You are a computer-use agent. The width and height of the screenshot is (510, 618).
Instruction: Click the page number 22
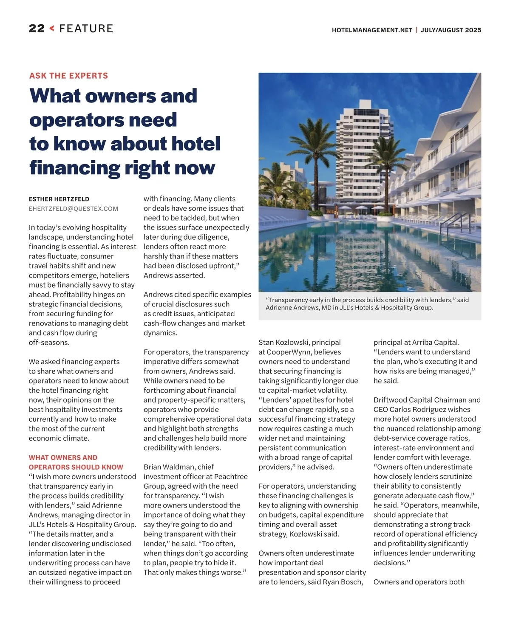[37, 29]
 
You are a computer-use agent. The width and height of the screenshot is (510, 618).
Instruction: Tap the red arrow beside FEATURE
[52, 29]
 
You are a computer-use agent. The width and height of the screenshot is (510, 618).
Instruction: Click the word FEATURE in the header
[86, 29]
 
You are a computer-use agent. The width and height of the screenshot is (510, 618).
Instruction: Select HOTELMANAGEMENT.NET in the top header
[372, 30]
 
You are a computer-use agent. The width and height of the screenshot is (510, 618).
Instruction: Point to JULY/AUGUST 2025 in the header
[451, 30]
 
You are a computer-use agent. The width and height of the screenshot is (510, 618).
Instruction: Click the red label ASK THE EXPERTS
[68, 76]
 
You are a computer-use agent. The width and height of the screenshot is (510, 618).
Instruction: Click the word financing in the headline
[75, 167]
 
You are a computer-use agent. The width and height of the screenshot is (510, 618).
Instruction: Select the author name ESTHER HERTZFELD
[59, 199]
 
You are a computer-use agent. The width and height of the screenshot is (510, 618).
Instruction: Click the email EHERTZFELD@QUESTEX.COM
[74, 209]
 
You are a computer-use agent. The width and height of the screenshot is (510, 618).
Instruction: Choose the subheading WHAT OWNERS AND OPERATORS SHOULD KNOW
[76, 462]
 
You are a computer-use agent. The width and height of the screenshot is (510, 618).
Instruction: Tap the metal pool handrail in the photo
[456, 223]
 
